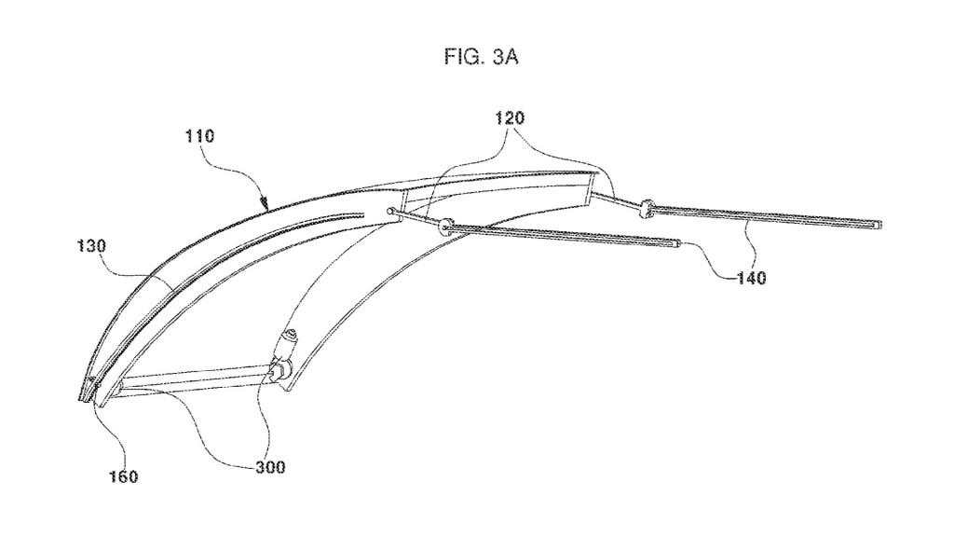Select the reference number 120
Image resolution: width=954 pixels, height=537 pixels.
click(x=510, y=118)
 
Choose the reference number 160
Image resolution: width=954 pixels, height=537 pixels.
click(x=122, y=476)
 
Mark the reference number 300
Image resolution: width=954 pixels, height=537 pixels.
click(x=269, y=467)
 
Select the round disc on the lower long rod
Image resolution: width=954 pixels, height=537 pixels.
click(x=444, y=225)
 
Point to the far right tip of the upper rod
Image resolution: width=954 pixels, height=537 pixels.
click(x=879, y=225)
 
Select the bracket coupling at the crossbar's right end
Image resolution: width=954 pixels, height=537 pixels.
click(x=277, y=372)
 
